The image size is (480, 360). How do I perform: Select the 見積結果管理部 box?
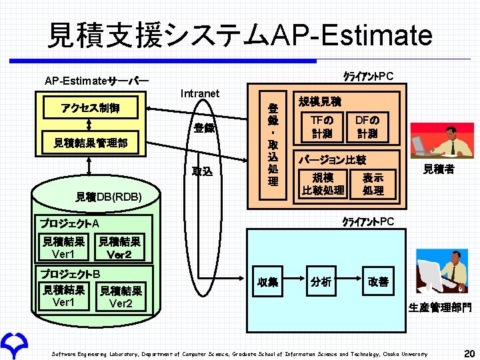91,143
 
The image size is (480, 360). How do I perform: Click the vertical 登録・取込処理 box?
273,143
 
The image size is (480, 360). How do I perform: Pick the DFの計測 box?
367,127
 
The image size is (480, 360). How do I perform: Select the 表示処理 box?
373,183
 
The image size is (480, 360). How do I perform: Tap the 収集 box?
267,282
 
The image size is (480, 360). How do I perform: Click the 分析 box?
321,281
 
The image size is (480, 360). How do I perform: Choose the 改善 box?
378,281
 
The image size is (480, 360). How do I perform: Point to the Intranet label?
199,93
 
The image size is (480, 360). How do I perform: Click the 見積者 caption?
439,169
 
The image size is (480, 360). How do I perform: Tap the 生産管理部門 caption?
439,308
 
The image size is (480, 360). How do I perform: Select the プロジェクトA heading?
70,223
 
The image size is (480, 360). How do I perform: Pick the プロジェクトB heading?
70,273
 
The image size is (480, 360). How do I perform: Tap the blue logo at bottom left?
14,343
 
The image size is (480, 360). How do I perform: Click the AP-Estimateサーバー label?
97,81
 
